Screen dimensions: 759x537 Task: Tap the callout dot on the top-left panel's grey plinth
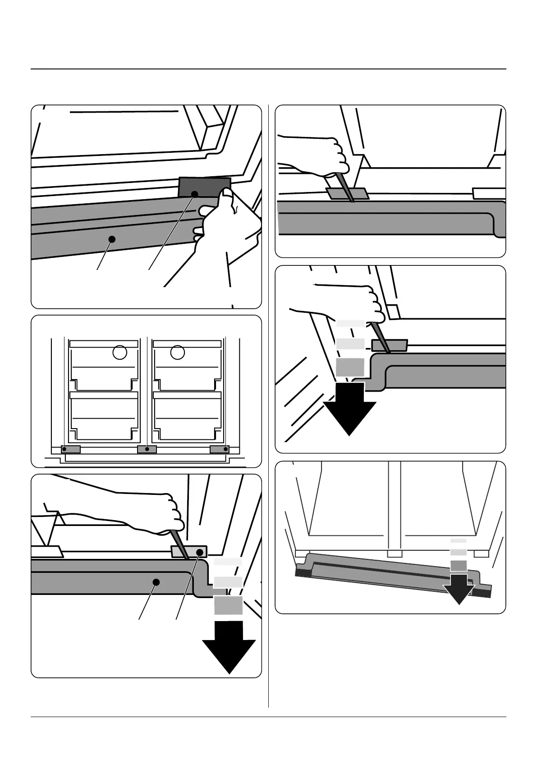[112, 239]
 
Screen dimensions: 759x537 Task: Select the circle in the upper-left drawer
[119, 352]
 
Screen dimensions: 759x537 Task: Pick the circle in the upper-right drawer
[178, 352]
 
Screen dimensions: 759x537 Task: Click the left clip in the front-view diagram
[71, 449]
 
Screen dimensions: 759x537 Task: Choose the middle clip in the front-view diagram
[147, 449]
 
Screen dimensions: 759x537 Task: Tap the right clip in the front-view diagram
[220, 449]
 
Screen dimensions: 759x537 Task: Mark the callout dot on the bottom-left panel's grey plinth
[156, 582]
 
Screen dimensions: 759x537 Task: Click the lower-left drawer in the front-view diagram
[104, 417]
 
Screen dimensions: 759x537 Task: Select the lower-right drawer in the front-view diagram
[187, 417]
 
